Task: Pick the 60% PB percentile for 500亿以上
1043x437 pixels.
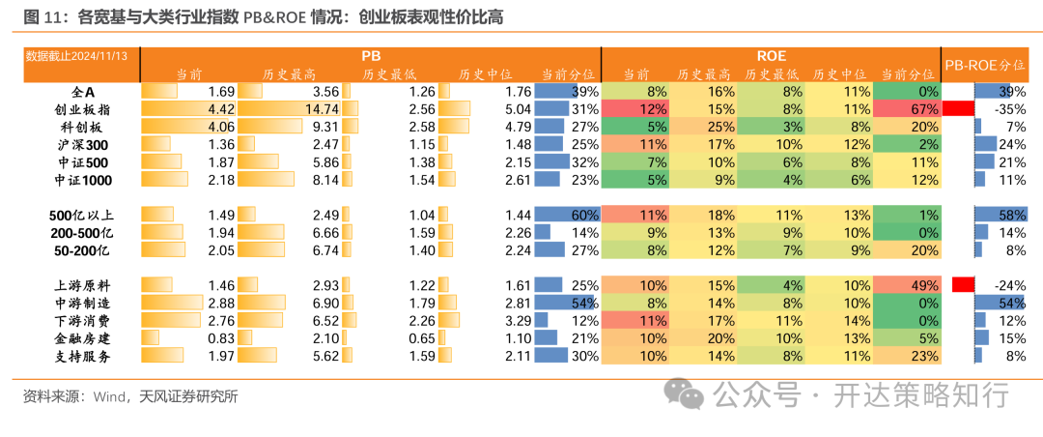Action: (585, 215)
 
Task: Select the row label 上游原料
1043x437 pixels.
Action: (85, 285)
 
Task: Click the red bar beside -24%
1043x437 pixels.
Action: (962, 285)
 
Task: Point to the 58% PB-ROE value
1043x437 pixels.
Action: (1011, 215)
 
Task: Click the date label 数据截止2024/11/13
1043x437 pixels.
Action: (76, 56)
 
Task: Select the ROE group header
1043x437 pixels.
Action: (770, 56)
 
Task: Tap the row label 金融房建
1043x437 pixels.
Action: (85, 338)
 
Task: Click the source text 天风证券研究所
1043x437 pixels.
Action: (189, 396)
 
